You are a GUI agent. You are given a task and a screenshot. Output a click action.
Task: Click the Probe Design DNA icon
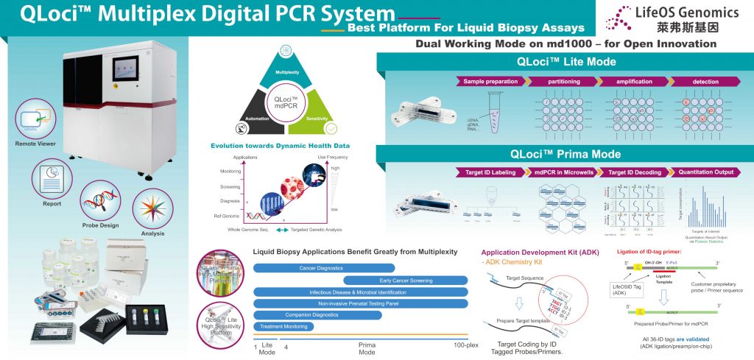(101, 200)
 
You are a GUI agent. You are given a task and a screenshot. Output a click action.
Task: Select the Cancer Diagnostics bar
(324, 268)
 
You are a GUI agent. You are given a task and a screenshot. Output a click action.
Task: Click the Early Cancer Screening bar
(406, 280)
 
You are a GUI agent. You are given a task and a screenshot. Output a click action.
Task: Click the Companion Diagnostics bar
(317, 314)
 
